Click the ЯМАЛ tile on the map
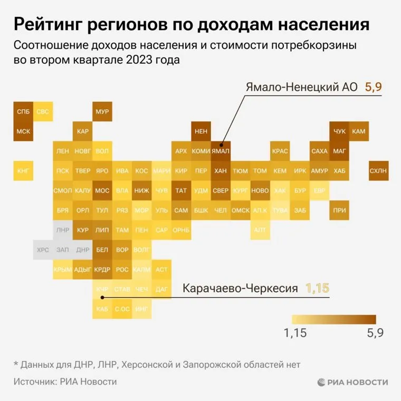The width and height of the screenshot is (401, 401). [221, 151]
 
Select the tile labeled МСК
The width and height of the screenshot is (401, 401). [23, 131]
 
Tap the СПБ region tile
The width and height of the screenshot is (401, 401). [23, 112]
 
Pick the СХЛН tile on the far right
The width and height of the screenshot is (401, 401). [378, 170]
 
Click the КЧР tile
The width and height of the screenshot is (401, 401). [102, 289]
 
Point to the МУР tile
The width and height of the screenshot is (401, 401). [102, 112]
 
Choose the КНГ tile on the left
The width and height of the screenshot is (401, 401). [23, 170]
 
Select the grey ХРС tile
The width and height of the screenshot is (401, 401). [43, 250]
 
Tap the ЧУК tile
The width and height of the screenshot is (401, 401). [339, 131]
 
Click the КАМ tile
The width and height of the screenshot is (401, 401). [359, 131]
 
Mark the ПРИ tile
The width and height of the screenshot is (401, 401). [339, 210]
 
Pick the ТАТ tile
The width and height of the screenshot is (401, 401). [182, 190]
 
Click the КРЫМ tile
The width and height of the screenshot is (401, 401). [62, 269]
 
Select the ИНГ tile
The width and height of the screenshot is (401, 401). [141, 309]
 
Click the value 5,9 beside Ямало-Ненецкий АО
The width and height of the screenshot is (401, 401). [373, 87]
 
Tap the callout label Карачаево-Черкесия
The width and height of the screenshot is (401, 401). [240, 288]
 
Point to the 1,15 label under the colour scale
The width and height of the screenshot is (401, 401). [295, 333]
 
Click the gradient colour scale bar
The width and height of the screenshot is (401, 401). [333, 320]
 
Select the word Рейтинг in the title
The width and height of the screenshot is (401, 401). [51, 24]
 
